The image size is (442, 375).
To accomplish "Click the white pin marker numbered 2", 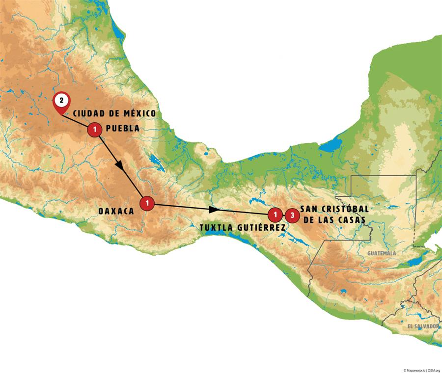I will [x=61, y=101].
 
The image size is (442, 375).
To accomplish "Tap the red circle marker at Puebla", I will [x=94, y=130].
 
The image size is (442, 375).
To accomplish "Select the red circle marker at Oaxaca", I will [x=147, y=203].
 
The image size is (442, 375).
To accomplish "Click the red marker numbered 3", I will [x=292, y=214].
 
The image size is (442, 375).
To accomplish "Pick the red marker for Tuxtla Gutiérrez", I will [x=276, y=214].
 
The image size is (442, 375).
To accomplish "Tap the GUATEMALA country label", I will [x=381, y=253].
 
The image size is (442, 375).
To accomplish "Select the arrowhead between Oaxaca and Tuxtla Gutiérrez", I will [x=213, y=210].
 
